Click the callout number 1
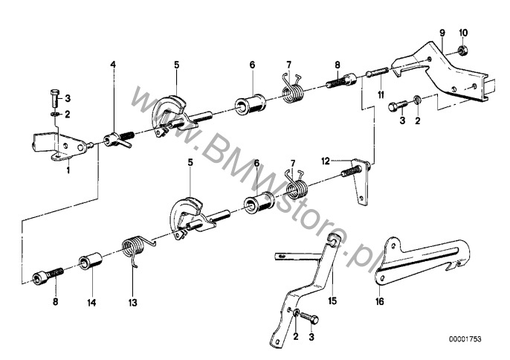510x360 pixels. click(x=68, y=170)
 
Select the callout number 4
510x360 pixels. click(x=113, y=65)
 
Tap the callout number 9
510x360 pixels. click(x=442, y=33)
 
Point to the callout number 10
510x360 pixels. click(x=463, y=33)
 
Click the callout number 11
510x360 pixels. click(x=381, y=94)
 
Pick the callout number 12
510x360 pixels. click(x=326, y=161)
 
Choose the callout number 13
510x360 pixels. click(x=132, y=303)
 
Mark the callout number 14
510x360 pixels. click(x=91, y=303)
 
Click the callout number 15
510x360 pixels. click(x=332, y=301)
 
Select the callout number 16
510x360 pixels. click(x=380, y=301)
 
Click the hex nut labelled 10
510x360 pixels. click(x=462, y=51)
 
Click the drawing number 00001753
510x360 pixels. click(x=465, y=339)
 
